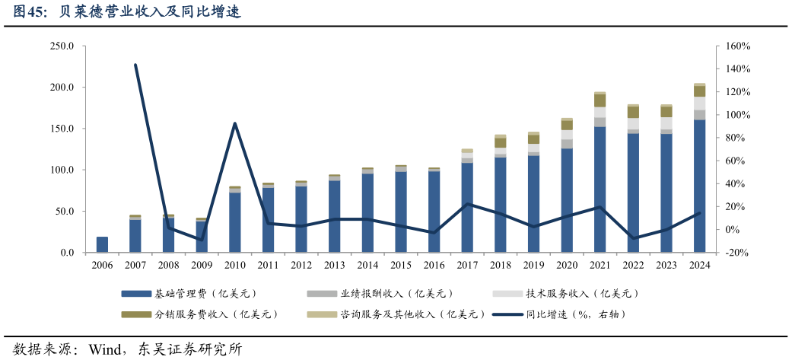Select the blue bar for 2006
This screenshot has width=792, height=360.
(102, 244)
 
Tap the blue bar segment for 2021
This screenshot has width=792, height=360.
(600, 190)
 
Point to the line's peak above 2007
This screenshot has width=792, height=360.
(135, 65)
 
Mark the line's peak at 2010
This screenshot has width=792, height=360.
(235, 123)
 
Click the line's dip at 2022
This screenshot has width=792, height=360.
(633, 238)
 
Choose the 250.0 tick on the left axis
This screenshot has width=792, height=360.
(61, 46)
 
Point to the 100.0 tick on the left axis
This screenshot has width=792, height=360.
(61, 170)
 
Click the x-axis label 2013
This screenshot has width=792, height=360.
(334, 265)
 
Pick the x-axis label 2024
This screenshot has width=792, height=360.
(699, 265)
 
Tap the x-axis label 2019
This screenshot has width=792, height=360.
(533, 265)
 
